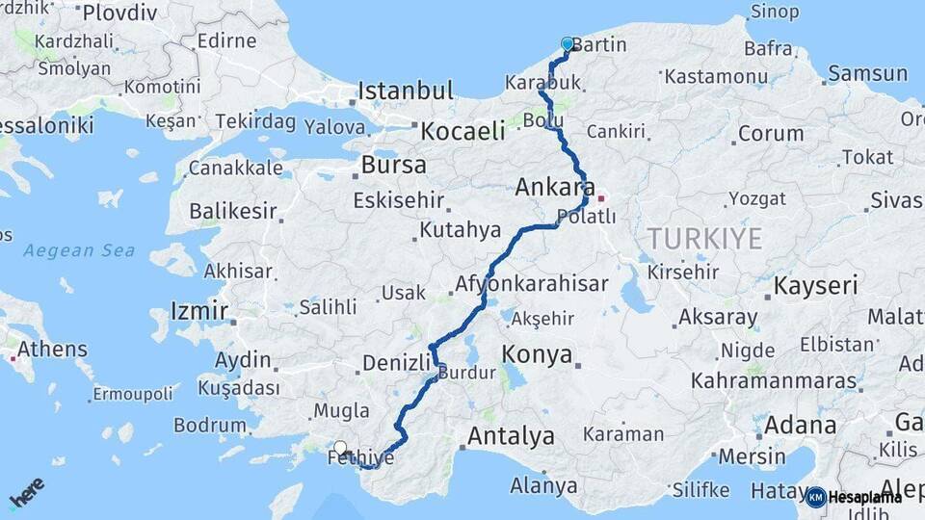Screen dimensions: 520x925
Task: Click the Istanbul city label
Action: [405, 91]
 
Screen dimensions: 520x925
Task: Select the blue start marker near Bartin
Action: [567, 44]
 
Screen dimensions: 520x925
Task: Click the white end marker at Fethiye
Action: [340, 447]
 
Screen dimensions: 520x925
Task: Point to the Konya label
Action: [537, 354]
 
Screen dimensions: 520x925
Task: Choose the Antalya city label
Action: [510, 436]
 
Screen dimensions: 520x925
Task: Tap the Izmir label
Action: [198, 311]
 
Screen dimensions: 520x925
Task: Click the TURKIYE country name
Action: [704, 239]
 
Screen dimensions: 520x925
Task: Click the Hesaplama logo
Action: [855, 497]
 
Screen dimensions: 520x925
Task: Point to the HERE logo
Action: [26, 492]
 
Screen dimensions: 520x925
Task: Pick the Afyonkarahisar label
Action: [531, 284]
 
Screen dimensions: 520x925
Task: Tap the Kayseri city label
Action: [815, 285]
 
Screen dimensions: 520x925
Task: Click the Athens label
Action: [52, 350]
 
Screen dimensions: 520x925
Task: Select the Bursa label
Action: [393, 165]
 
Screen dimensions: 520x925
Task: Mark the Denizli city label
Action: [395, 362]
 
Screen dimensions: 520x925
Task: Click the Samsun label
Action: [867, 73]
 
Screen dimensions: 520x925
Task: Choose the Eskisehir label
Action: [398, 200]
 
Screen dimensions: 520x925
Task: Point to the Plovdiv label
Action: [120, 13]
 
